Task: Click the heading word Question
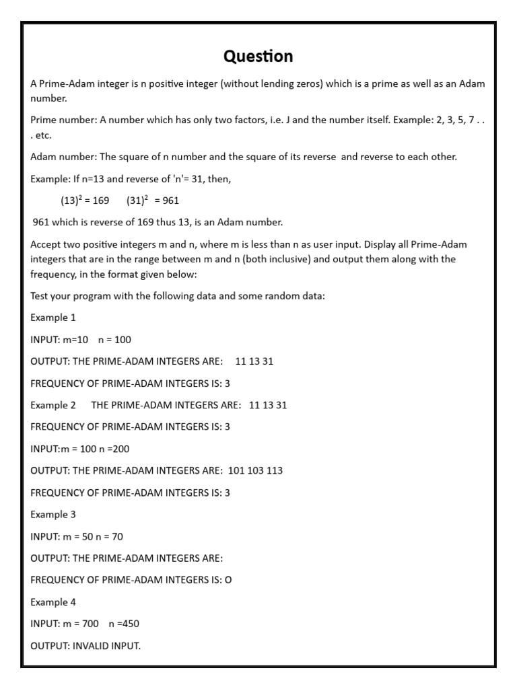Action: coord(258,56)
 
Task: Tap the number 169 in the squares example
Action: coord(100,201)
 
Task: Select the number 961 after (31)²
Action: coord(171,201)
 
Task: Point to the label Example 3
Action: coord(53,514)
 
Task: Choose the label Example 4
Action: coord(53,602)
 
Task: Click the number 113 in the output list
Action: coord(275,470)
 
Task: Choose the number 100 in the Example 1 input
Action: coord(123,339)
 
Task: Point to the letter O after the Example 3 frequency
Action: coord(228,580)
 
